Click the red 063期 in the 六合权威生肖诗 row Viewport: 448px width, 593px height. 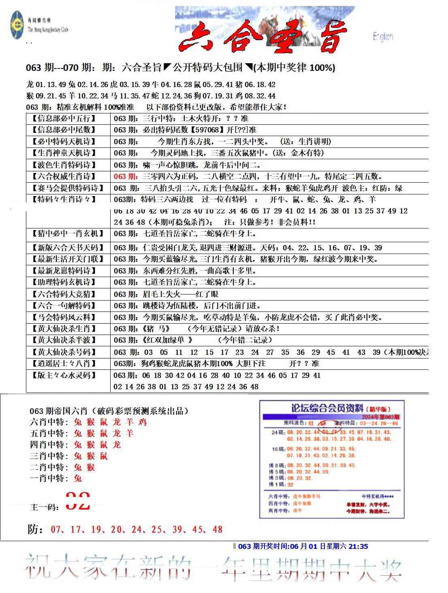click(126, 176)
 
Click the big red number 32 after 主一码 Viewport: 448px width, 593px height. click(78, 501)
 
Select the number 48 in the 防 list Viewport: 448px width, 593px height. click(217, 529)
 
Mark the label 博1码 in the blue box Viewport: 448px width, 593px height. click(276, 484)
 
